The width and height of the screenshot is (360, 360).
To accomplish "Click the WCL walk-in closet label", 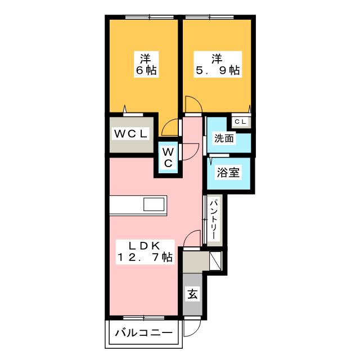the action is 131,134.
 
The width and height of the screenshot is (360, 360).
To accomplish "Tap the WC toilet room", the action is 168,157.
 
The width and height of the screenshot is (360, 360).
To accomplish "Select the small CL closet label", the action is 240,121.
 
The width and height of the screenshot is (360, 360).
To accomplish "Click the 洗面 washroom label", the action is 224,138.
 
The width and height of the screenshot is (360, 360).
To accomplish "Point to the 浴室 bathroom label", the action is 228,173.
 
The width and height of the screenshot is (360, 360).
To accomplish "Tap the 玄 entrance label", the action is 192,294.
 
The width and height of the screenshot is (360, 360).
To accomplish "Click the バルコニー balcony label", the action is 143,332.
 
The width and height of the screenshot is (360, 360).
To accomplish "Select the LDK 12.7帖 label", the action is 145,252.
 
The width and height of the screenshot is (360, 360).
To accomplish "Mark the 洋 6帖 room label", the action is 146,64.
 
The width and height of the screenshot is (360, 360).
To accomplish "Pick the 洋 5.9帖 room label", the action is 218,64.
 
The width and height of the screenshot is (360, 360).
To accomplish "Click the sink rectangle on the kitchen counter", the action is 154,204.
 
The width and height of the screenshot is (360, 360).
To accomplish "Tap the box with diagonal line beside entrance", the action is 215,261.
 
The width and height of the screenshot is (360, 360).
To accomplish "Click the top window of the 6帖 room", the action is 150,17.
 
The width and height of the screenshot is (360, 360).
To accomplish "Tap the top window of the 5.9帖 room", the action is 210,17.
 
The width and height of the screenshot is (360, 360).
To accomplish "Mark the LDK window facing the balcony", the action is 144,318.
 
